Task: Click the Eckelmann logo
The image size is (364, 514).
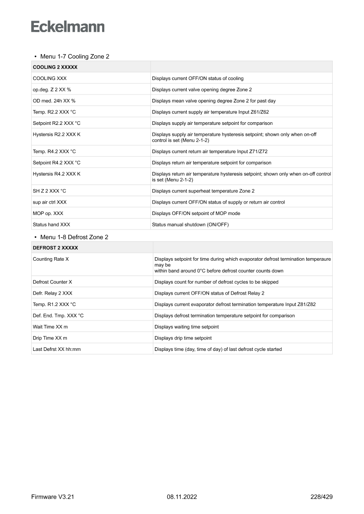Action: [x=68, y=26]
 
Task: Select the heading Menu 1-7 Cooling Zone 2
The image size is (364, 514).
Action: [x=74, y=57]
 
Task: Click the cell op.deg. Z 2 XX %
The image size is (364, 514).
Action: [x=52, y=90]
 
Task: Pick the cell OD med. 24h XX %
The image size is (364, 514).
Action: [x=54, y=101]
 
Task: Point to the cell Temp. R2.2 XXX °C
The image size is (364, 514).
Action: [x=54, y=112]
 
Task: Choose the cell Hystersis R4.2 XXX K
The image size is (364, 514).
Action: [x=56, y=174]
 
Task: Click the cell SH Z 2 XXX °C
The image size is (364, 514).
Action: [x=49, y=191]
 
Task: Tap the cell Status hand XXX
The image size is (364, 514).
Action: [x=51, y=225]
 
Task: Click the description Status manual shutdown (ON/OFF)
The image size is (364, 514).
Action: [x=190, y=225]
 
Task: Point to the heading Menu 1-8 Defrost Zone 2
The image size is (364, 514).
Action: [x=74, y=237]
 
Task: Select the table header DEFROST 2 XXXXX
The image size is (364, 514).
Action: [x=55, y=248]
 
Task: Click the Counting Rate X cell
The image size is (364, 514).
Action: [x=51, y=259]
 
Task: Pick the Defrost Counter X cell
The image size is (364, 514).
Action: [x=52, y=282]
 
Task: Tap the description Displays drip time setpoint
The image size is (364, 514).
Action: [x=183, y=338]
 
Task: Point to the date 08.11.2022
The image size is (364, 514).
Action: [x=182, y=497]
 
